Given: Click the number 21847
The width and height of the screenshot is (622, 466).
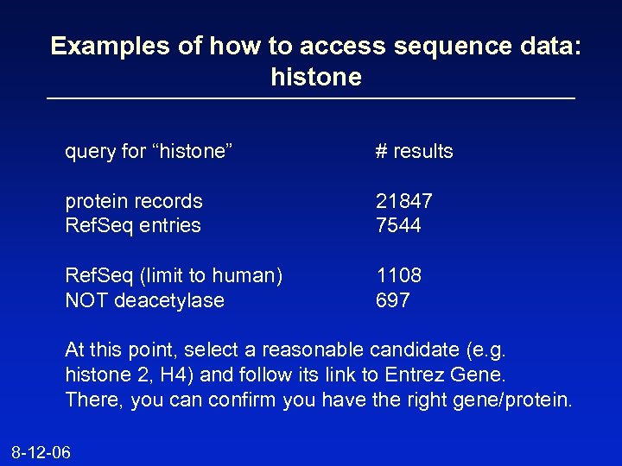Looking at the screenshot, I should pos(403,201).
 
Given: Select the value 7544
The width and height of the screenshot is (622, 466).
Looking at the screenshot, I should pos(398,225).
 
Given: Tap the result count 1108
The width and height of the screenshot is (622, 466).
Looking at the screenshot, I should pos(398,275).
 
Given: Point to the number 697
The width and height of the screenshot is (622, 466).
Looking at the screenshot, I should pos(392,300).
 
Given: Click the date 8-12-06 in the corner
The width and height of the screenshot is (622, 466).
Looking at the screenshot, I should pos(41,452).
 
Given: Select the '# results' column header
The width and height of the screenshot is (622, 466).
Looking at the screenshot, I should pos(414,152).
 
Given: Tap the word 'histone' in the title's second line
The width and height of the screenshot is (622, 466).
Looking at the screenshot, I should pos(315,77).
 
